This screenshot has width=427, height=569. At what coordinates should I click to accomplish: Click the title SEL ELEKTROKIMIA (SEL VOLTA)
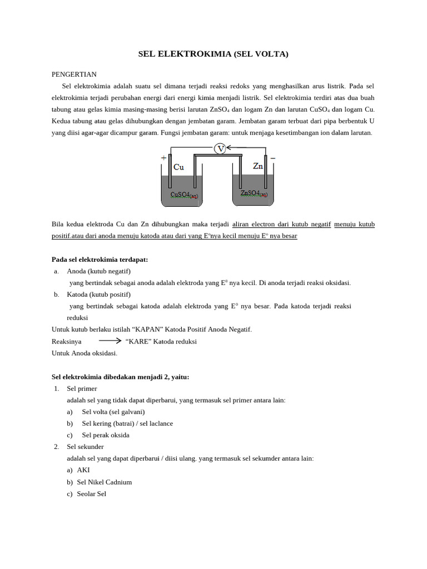[x=213, y=54]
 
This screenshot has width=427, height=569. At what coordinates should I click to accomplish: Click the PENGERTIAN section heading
[x=74, y=74]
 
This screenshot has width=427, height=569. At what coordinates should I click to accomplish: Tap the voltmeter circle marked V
[x=220, y=148]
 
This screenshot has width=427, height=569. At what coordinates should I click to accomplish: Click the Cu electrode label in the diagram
[x=178, y=167]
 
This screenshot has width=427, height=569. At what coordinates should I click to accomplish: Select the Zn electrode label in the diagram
[x=258, y=166]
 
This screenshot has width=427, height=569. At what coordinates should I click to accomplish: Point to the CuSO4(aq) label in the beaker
[x=184, y=195]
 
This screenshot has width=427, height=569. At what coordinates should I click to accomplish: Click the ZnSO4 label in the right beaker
[x=254, y=193]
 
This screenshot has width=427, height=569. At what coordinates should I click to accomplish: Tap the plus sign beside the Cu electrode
[x=163, y=158]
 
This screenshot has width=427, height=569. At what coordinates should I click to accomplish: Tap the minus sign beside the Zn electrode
[x=272, y=158]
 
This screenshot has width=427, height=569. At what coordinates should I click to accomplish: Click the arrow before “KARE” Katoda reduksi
[x=110, y=341]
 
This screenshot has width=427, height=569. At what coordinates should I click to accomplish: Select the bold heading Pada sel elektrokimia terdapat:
[x=100, y=259]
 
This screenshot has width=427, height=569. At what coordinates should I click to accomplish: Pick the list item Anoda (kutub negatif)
[x=98, y=271]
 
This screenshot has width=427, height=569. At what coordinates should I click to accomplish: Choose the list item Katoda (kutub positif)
[x=98, y=295]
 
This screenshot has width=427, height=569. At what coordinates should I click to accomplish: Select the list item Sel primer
[x=82, y=388]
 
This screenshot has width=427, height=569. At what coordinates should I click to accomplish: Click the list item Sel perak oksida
[x=105, y=435]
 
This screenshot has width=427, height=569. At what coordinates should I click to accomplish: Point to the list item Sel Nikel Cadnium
[x=104, y=482]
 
